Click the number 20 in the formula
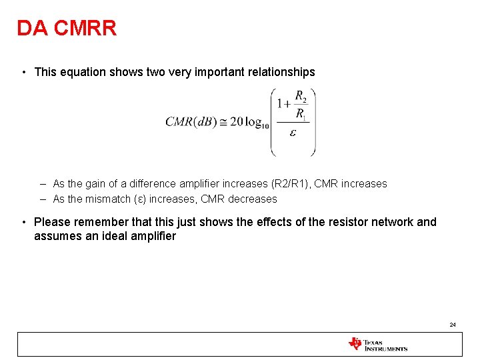click(x=236, y=122)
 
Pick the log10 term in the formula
click(x=257, y=123)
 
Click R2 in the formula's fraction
click(x=301, y=95)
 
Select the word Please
click(x=52, y=222)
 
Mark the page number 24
click(x=453, y=325)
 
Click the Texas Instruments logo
click(x=377, y=344)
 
